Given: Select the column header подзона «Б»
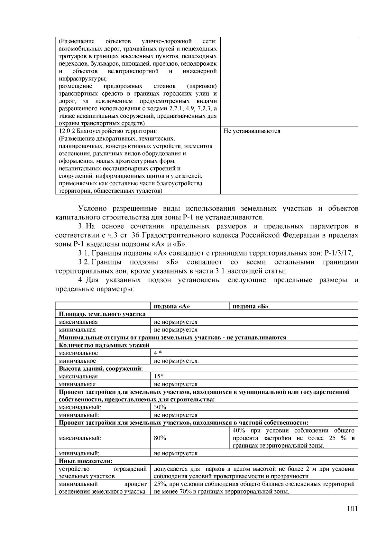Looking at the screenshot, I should (x=251, y=306).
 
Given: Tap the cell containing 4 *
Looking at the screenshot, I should (x=158, y=353).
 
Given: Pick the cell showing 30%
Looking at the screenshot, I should (x=160, y=407).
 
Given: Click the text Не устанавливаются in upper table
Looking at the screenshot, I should (x=252, y=131).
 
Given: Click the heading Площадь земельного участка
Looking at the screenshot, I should (x=102, y=314).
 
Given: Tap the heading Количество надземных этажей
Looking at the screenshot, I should (x=104, y=345).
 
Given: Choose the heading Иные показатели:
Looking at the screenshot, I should (x=85, y=461).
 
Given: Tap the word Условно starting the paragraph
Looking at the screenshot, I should (x=92, y=209).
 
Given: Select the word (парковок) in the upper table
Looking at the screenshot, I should (x=202, y=86).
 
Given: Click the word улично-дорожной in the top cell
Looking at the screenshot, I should (x=167, y=42).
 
